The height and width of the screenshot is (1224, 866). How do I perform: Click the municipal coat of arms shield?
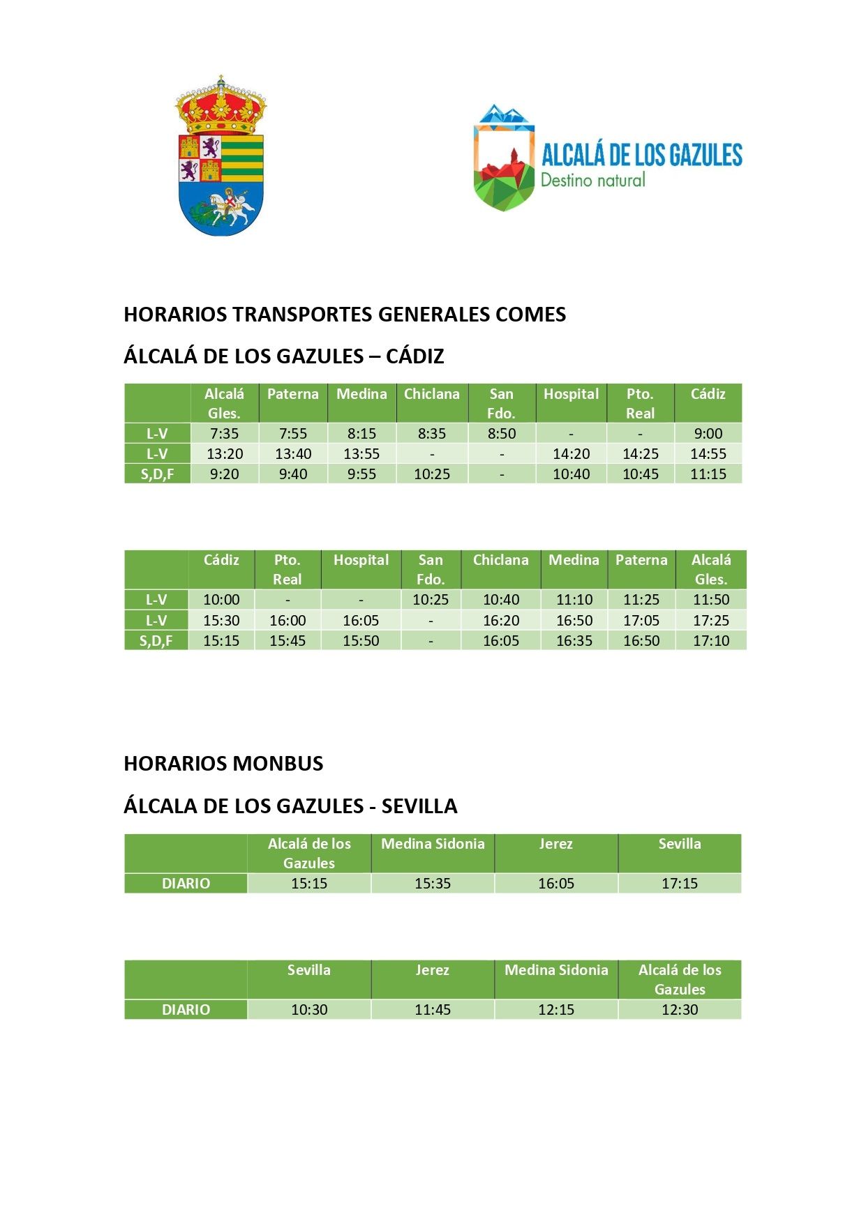pyautogui.click(x=221, y=157)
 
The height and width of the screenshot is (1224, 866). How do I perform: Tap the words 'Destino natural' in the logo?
pyautogui.click(x=592, y=180)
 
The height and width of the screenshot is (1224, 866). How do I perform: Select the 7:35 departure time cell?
pyautogui.click(x=224, y=434)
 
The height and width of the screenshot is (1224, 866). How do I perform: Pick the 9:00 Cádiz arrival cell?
pyautogui.click(x=708, y=434)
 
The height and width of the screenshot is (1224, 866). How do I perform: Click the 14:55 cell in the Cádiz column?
pyautogui.click(x=708, y=454)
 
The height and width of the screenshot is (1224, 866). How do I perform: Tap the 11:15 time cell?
pyautogui.click(x=708, y=474)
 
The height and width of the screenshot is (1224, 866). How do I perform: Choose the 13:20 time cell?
pyautogui.click(x=225, y=454)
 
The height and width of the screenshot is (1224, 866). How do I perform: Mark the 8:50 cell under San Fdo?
pyautogui.click(x=501, y=434)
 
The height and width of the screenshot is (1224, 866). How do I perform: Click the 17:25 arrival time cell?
pyautogui.click(x=710, y=621)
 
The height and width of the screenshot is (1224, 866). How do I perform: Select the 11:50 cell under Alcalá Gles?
pyautogui.click(x=710, y=600)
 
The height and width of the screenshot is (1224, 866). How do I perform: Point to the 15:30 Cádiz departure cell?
pyautogui.click(x=221, y=621)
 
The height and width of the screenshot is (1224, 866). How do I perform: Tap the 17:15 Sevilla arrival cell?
pyautogui.click(x=679, y=884)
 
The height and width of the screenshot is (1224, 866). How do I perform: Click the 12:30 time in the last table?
pyautogui.click(x=679, y=1010)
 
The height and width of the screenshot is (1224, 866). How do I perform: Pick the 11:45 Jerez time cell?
pyautogui.click(x=432, y=1010)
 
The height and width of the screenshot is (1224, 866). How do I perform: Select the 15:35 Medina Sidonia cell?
pyautogui.click(x=432, y=884)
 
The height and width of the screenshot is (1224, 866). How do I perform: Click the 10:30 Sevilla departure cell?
pyautogui.click(x=308, y=1010)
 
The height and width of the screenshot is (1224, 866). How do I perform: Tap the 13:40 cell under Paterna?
pyautogui.click(x=292, y=454)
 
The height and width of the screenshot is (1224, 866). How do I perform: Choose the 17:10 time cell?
pyautogui.click(x=710, y=641)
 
